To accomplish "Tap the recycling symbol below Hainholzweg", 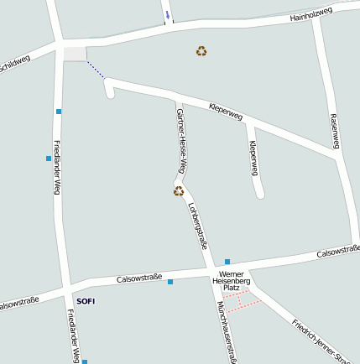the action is [x=201, y=51].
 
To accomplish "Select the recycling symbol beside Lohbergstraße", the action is [x=178, y=191].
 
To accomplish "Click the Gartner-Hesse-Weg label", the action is [x=180, y=141].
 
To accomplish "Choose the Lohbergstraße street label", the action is [x=198, y=226].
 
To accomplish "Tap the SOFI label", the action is [x=86, y=300].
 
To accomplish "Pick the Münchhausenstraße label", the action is [x=227, y=331].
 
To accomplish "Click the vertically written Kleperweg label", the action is [x=253, y=158].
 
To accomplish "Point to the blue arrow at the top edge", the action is [x=168, y=15].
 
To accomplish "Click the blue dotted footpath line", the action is [x=96, y=69].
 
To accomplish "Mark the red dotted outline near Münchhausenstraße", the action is [x=241, y=300].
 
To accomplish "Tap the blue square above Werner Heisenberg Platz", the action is [x=227, y=262].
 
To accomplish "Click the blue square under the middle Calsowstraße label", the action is [x=170, y=282].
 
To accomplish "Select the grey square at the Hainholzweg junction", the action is [x=75, y=54].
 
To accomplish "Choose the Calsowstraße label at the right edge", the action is [x=338, y=251].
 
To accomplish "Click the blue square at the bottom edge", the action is [x=84, y=361].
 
